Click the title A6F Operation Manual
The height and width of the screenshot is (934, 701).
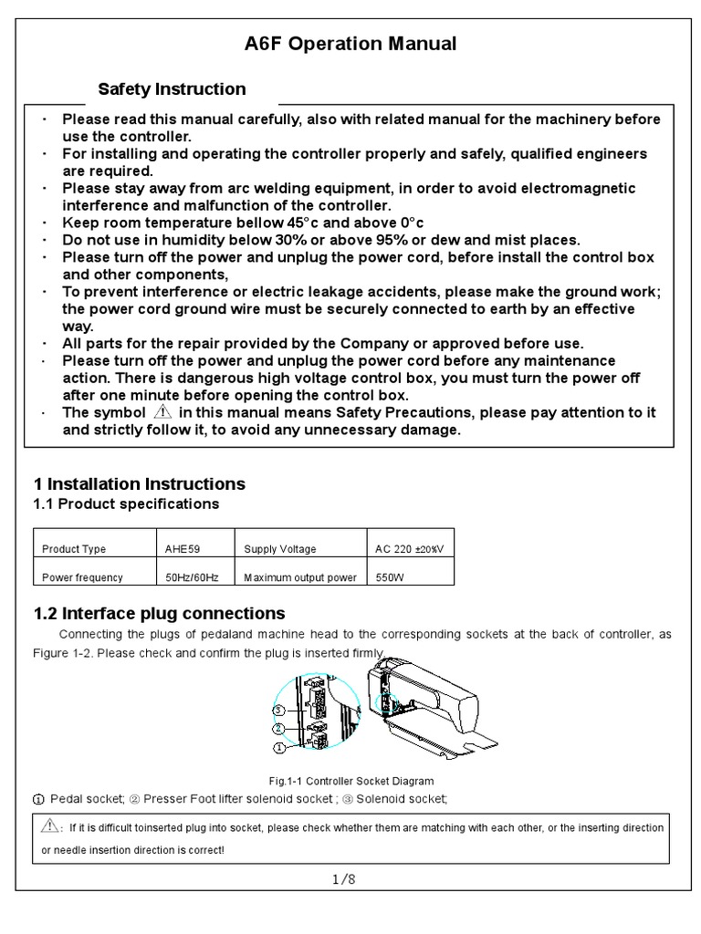click(x=350, y=44)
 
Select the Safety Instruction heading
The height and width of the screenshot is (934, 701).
click(x=172, y=89)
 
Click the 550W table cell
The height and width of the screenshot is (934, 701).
click(x=389, y=577)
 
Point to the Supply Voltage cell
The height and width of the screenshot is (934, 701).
click(x=280, y=549)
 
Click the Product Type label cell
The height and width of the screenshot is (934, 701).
click(x=74, y=549)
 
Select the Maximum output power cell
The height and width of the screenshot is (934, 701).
click(x=299, y=577)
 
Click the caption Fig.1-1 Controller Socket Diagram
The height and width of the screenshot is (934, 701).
click(x=350, y=782)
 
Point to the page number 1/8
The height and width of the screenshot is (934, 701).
click(x=344, y=879)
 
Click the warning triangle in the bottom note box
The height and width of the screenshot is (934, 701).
click(x=49, y=826)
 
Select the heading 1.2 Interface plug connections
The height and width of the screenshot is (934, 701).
click(x=159, y=614)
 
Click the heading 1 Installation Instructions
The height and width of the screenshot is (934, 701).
click(x=139, y=483)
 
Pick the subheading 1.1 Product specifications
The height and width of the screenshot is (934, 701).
click(x=126, y=504)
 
